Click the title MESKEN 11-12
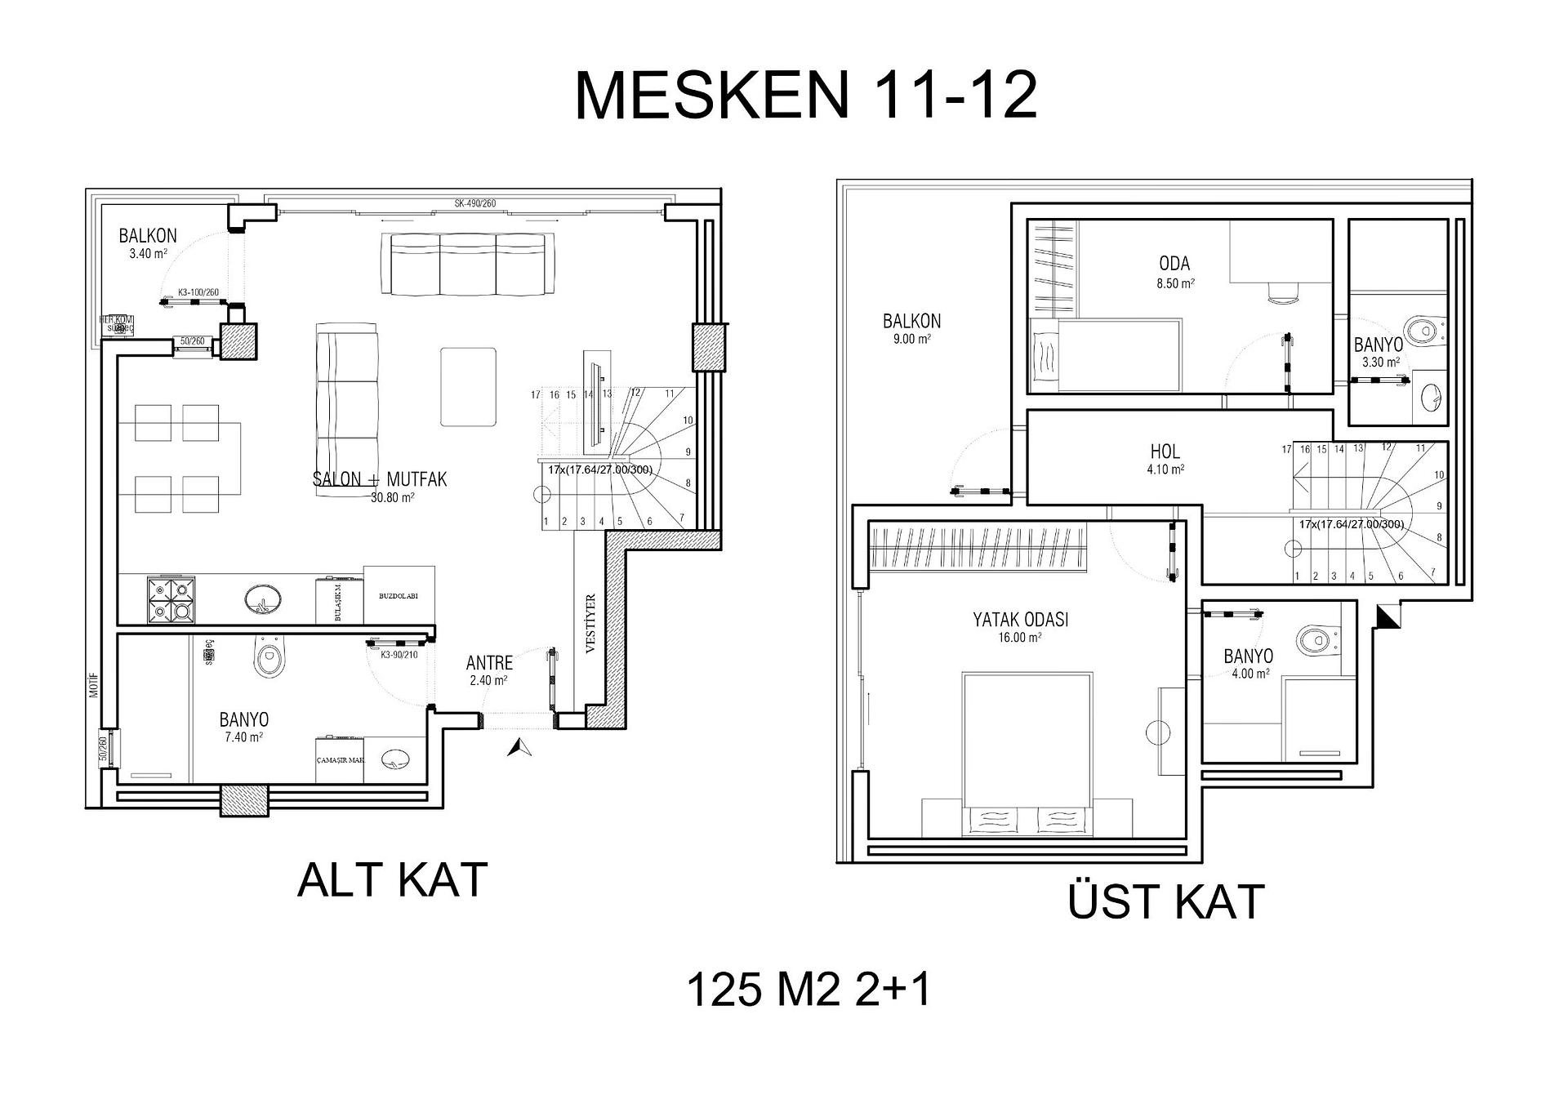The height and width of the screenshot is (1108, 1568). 805,96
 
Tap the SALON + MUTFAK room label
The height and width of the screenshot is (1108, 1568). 380,480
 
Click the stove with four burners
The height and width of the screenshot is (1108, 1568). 171,600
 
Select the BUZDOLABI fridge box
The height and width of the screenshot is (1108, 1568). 399,596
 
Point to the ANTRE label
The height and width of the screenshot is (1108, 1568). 489,663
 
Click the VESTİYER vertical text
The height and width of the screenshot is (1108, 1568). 591,623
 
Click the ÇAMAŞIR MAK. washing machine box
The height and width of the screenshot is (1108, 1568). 340,760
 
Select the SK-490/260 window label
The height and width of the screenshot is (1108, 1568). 475,203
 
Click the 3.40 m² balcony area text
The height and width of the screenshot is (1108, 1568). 148,254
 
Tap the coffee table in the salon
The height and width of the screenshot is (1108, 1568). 468,386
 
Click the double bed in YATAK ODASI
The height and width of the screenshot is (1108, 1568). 1027,751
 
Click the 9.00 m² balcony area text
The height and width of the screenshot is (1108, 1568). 911,339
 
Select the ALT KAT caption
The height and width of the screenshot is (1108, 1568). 392,880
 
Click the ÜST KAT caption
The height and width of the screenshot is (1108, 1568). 1165,902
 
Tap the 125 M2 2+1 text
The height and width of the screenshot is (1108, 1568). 808,990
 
